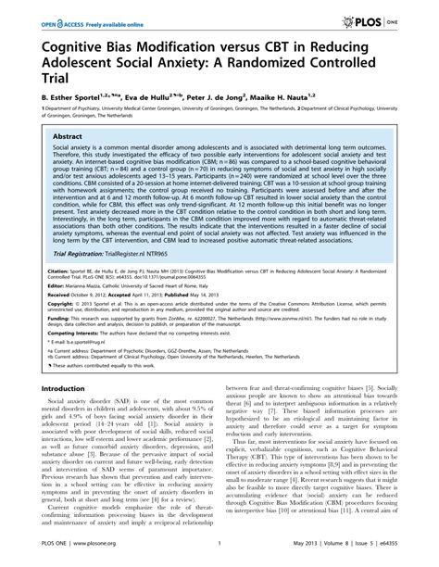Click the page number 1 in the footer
[x=219, y=555]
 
